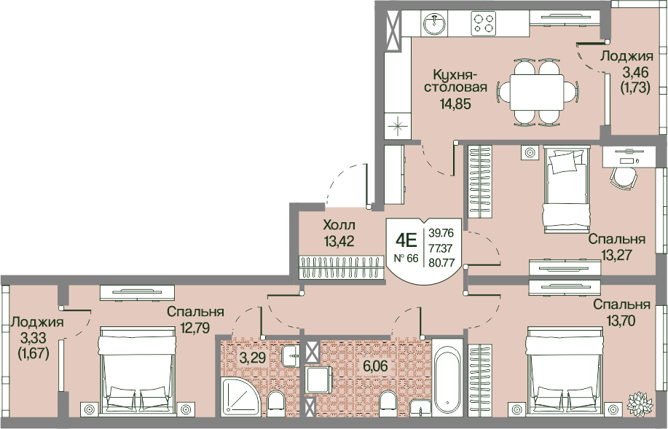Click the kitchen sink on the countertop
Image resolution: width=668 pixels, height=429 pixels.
click(x=435, y=23)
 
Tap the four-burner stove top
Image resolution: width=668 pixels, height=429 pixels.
click(x=484, y=23)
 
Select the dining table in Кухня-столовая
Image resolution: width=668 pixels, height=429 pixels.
click(x=538, y=92)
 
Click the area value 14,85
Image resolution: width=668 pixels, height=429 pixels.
click(x=456, y=103)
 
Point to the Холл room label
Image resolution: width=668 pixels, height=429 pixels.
click(x=339, y=224)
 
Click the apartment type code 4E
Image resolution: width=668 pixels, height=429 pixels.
click(x=406, y=240)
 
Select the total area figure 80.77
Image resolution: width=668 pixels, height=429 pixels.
click(x=441, y=262)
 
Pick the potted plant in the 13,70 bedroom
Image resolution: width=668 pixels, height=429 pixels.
click(x=640, y=402)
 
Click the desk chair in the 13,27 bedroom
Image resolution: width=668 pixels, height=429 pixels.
click(x=624, y=178)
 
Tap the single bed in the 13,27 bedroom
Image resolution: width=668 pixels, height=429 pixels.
click(x=567, y=189)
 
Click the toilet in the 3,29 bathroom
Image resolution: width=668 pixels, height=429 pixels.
click(x=276, y=403)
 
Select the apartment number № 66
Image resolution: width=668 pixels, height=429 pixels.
click(x=405, y=258)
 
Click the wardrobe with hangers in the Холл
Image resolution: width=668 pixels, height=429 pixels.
click(x=340, y=267)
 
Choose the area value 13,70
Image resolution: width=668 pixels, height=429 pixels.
click(x=621, y=320)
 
